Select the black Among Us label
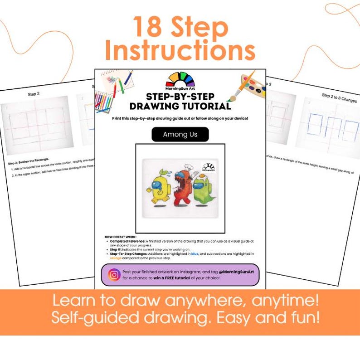(180, 135)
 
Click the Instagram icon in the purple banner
(114, 274)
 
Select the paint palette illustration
(252, 86)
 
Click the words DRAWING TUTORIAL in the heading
(180, 107)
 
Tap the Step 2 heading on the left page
(34, 94)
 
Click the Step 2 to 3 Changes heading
(339, 97)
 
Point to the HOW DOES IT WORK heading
(120, 237)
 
